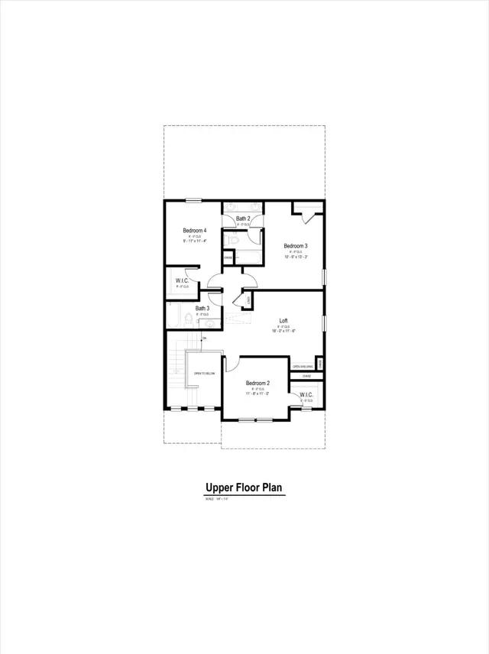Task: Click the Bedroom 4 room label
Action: pos(194,231)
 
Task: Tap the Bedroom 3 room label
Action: pos(296,246)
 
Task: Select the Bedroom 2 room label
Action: pos(257,383)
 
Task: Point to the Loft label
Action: pos(283,321)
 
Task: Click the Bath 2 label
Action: pos(242,219)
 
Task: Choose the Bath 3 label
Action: pos(201,309)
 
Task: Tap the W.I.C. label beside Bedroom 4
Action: pos(182,280)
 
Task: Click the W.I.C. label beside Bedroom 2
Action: pos(306,395)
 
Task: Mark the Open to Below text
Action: pos(204,373)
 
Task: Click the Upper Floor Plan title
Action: pos(244,487)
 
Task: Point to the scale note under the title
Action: pos(217,499)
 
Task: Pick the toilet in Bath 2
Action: pos(236,239)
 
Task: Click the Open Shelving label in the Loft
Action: pos(303,367)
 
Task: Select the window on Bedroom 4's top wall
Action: pos(193,201)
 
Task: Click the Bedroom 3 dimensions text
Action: pos(296,257)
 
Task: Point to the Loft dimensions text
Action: pos(283,331)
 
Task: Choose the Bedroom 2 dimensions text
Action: pos(257,393)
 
